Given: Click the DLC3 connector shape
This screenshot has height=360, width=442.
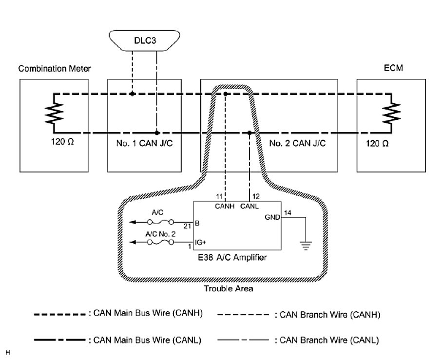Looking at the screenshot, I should (x=145, y=40).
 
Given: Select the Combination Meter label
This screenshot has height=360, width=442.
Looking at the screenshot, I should (x=55, y=69).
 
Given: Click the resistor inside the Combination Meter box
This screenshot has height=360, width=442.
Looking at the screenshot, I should (x=54, y=113).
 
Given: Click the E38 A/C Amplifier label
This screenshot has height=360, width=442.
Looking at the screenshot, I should (x=236, y=258).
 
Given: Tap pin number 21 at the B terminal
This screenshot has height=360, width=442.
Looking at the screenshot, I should (x=188, y=227).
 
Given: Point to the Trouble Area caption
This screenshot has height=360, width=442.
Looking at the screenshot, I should (x=221, y=288).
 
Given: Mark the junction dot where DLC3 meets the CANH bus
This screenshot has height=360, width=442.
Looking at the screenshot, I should (x=132, y=93).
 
